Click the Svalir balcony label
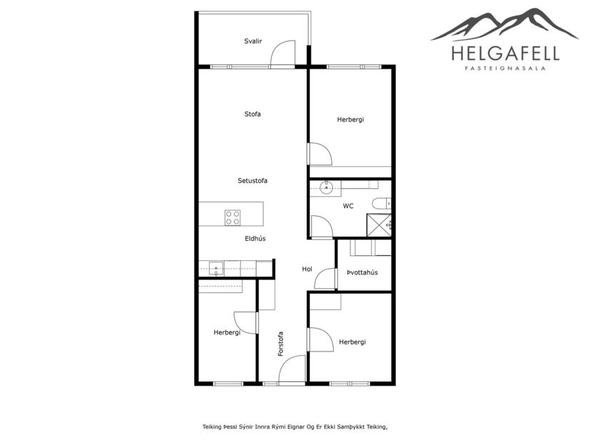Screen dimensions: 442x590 pos(253,41)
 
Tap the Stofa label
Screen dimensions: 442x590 pos(253,114)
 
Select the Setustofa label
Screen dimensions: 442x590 pos(253,181)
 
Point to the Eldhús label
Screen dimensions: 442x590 pos(253,238)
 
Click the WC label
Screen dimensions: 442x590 pos(348,206)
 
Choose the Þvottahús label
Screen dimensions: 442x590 pos(362,272)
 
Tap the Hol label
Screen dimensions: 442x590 pos(307,269)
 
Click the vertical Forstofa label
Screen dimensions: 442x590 pos(281,344)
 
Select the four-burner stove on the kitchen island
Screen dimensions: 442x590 pos(233,217)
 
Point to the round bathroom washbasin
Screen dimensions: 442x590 pos(327,187)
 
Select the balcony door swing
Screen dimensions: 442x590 pos(284,53)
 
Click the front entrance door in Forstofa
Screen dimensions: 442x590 pos(293,371)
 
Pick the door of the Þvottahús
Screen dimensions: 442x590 pos(326,279)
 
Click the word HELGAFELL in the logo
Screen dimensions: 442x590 pos(505,53)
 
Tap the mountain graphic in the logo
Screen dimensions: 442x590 pos(505,25)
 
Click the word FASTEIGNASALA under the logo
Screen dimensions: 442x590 pos(505,69)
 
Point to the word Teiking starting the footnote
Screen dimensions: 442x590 pos(212,427)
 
